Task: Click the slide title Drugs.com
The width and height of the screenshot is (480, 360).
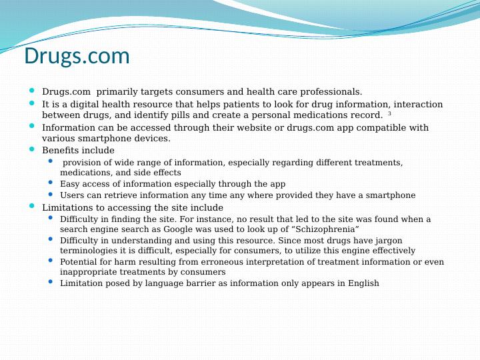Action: [77, 57]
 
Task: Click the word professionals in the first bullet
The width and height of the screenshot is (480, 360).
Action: [331, 92]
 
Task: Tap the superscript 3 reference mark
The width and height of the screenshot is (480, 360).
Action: [389, 114]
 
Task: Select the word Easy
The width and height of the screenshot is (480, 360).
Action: [70, 184]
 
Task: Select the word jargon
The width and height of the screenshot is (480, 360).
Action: [387, 241]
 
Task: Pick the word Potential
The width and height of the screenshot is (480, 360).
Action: [79, 262]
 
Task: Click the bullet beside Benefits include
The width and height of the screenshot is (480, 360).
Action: [31, 150]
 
